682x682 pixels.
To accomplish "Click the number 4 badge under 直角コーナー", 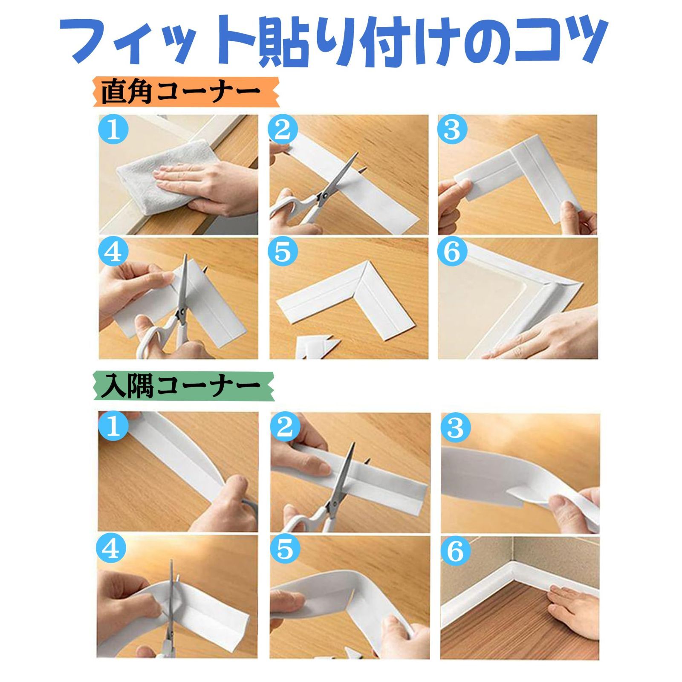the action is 113,252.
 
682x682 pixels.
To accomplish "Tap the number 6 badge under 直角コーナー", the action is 452,252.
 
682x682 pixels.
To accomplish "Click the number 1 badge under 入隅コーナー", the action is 112,427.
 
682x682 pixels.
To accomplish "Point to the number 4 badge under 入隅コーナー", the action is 112,550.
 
